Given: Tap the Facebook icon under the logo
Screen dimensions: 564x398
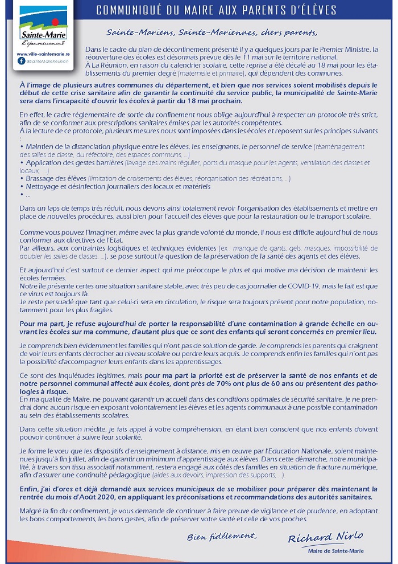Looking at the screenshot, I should pyautogui.click(x=21, y=60).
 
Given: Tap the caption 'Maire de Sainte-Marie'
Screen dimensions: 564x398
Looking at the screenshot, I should pyautogui.click(x=336, y=551).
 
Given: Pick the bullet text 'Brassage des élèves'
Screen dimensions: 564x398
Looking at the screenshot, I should pyautogui.click(x=54, y=178).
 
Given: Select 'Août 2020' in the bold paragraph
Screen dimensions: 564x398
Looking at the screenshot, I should pyautogui.click(x=108, y=496).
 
